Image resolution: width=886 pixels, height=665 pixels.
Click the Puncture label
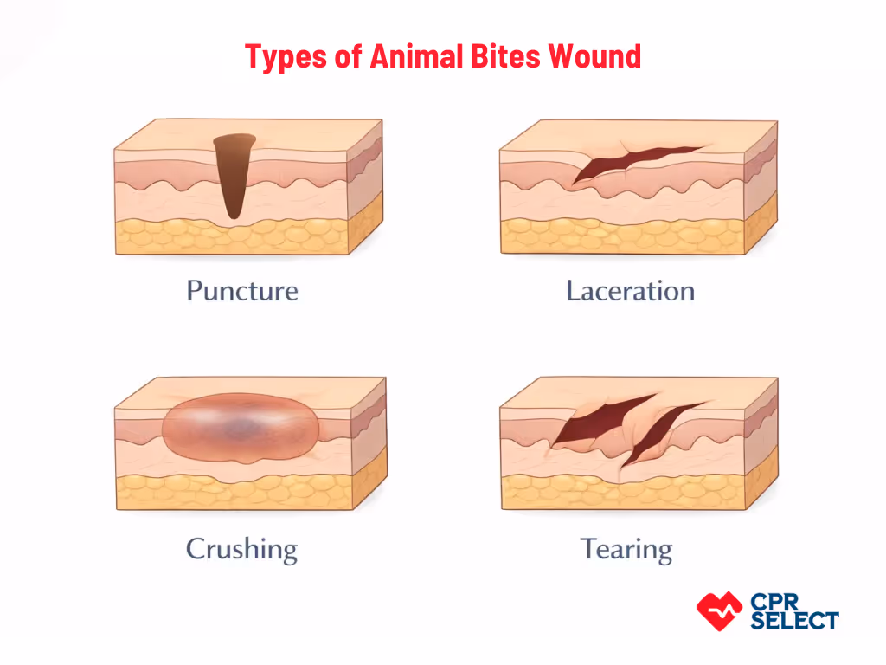point(242,290)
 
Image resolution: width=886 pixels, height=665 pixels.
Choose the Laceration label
point(630,290)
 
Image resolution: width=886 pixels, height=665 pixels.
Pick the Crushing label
point(241,548)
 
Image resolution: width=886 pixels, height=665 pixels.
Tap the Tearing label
point(626,548)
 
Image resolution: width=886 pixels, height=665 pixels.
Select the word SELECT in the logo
point(794,620)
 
